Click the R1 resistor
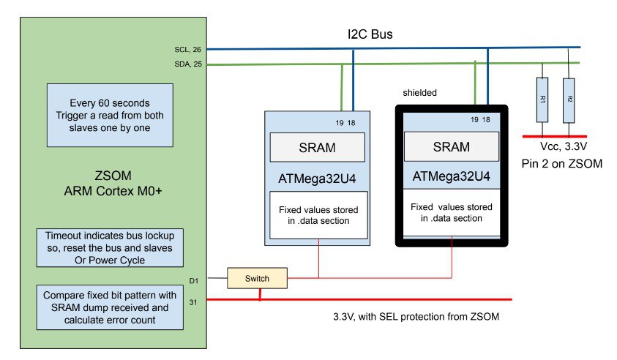tap(542, 100)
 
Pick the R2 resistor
tap(569, 100)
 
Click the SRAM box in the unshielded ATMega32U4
tap(318, 147)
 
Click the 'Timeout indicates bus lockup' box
tap(110, 248)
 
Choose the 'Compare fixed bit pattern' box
tap(110, 307)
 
